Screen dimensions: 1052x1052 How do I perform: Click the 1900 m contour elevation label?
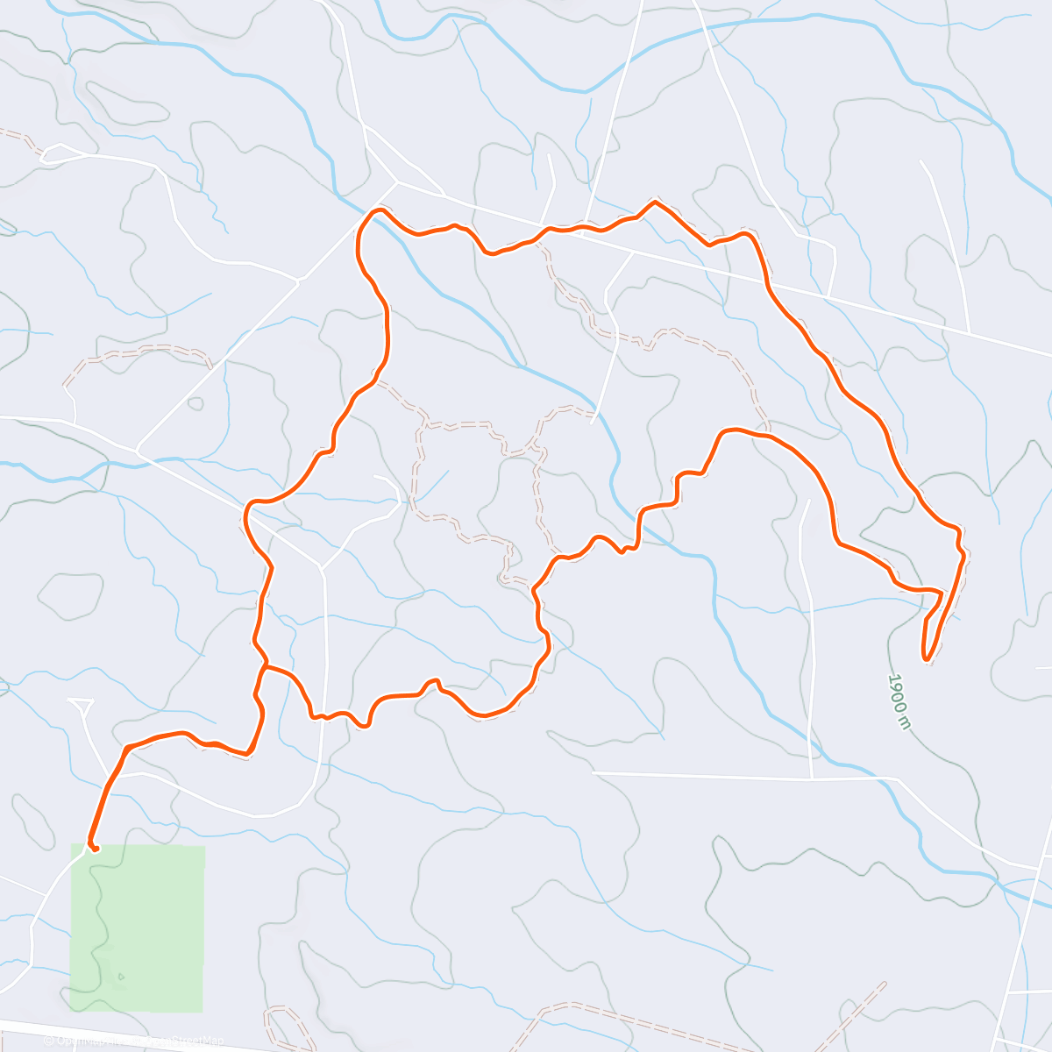899,701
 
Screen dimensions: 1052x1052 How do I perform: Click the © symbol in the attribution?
49,1041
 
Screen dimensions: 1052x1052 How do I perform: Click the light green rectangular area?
138,928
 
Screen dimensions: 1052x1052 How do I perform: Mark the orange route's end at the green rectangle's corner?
94,848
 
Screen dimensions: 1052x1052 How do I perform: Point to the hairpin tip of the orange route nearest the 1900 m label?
926,657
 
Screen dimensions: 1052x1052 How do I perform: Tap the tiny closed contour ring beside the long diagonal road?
195,404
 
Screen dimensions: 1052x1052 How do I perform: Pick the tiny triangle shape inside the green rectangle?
120,977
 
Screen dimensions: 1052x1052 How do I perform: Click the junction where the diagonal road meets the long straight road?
397,182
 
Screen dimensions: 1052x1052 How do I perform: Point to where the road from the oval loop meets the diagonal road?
299,281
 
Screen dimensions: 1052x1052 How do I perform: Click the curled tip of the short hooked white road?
377,477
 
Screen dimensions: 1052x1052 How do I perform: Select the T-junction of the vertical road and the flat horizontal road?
812,778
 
